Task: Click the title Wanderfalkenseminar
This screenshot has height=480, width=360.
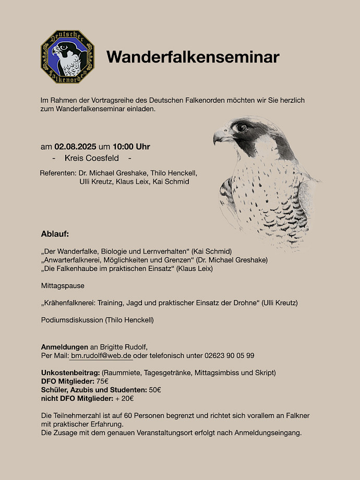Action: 193,57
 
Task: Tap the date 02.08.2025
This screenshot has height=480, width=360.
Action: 75,147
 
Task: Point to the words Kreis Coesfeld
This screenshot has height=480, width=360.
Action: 91,158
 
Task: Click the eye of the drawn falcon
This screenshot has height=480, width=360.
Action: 241,127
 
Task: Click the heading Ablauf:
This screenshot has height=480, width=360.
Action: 55,233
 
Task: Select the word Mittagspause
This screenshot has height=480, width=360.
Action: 63,285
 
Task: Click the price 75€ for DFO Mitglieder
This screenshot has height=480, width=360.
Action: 102,381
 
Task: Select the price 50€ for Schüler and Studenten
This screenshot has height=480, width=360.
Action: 155,390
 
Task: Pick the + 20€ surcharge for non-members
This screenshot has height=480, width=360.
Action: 125,398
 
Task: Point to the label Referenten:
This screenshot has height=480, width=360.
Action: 58,173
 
